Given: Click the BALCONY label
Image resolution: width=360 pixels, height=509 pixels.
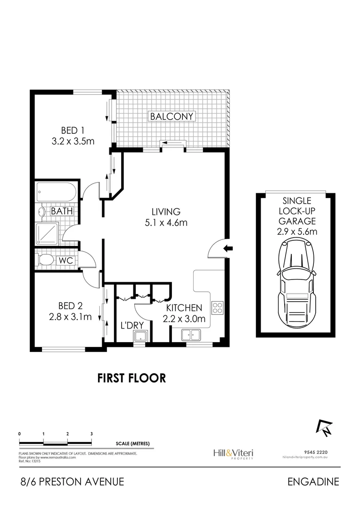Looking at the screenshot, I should click(172, 116).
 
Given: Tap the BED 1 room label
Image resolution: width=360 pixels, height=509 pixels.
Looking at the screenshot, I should click(73, 130).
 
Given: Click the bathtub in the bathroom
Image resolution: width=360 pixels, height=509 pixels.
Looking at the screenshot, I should click(56, 192).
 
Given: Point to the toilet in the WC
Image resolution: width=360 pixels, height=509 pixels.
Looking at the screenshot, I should click(46, 260).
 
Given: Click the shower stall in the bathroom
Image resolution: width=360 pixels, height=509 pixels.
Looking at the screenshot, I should click(47, 233).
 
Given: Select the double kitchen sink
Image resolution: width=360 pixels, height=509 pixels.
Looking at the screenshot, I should click(191, 336).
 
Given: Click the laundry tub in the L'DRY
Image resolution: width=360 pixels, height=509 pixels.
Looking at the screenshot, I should click(140, 336).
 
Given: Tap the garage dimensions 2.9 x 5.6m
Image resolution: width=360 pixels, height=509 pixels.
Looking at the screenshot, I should click(296, 231).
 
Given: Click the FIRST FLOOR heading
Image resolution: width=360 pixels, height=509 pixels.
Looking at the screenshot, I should click(131, 378).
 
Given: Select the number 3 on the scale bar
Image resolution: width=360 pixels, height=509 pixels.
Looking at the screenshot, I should click(91, 433).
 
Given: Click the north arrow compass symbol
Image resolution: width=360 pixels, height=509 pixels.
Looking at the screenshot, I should click(324, 427).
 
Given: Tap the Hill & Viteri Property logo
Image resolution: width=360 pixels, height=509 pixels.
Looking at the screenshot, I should click(233, 453).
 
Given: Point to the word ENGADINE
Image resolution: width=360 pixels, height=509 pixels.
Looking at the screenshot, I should click(313, 482).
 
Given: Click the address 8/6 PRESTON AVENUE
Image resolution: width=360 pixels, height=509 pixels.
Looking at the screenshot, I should click(72, 482).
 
